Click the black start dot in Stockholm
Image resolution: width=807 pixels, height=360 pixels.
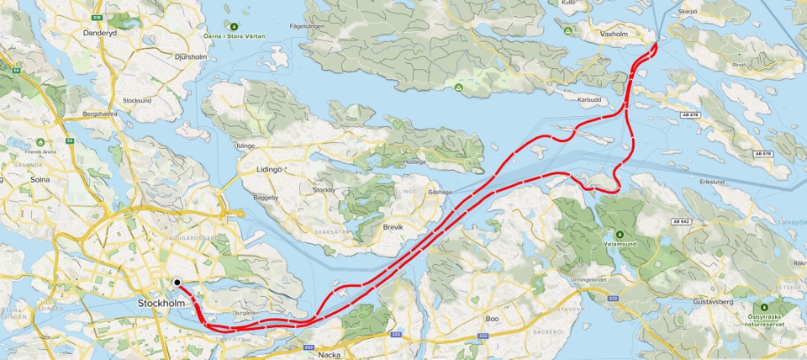coord(177,283)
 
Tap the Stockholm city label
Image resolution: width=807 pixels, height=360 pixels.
coord(161,302)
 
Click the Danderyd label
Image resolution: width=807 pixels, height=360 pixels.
coord(100,33)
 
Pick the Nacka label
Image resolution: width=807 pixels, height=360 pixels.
coord(330,354)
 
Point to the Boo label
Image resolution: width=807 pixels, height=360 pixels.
coord(493,319)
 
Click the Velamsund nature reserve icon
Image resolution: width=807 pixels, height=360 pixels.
coord(619,233)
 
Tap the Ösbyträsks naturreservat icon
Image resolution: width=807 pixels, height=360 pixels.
coord(764,309)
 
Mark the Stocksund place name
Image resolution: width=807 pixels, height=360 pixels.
coord(136,100)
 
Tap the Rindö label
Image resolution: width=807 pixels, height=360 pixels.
coord(740,64)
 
